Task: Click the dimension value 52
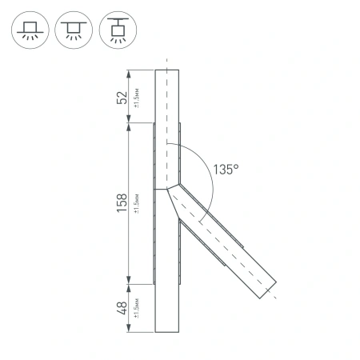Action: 122,97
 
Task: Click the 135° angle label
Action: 226,169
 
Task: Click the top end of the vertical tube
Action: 167,71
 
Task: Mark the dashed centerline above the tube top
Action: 167,63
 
